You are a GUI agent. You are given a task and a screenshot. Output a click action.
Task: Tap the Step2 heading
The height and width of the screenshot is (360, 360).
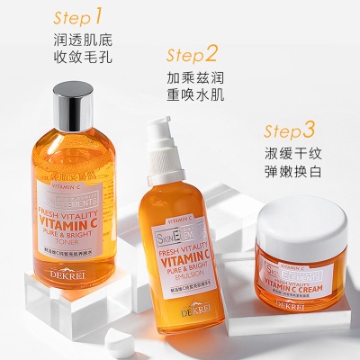coord(193,53)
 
